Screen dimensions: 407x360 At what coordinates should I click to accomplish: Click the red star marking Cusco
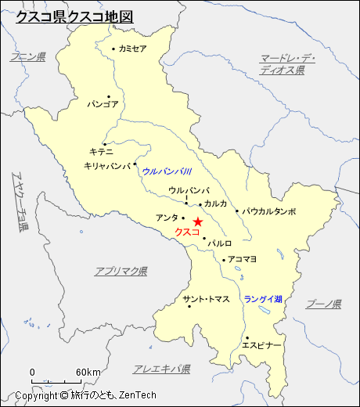197,222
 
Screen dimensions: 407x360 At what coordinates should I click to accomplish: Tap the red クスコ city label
187,232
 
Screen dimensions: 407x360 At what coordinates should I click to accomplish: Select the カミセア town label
133,49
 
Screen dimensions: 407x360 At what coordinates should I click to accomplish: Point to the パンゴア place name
103,103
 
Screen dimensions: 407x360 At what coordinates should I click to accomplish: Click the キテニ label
102,151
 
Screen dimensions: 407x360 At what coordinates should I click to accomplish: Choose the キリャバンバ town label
107,166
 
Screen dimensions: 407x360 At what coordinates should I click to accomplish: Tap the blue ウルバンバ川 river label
167,171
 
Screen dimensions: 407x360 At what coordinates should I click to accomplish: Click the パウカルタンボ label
268,211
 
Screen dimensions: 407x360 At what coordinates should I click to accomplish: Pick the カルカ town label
215,203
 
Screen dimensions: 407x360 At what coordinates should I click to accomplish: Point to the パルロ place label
220,243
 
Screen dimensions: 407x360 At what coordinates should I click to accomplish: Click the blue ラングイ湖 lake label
263,299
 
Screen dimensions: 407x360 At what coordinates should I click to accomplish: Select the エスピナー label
261,345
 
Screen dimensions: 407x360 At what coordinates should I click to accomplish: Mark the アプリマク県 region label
121,271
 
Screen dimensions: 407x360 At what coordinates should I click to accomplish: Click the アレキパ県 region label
162,369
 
